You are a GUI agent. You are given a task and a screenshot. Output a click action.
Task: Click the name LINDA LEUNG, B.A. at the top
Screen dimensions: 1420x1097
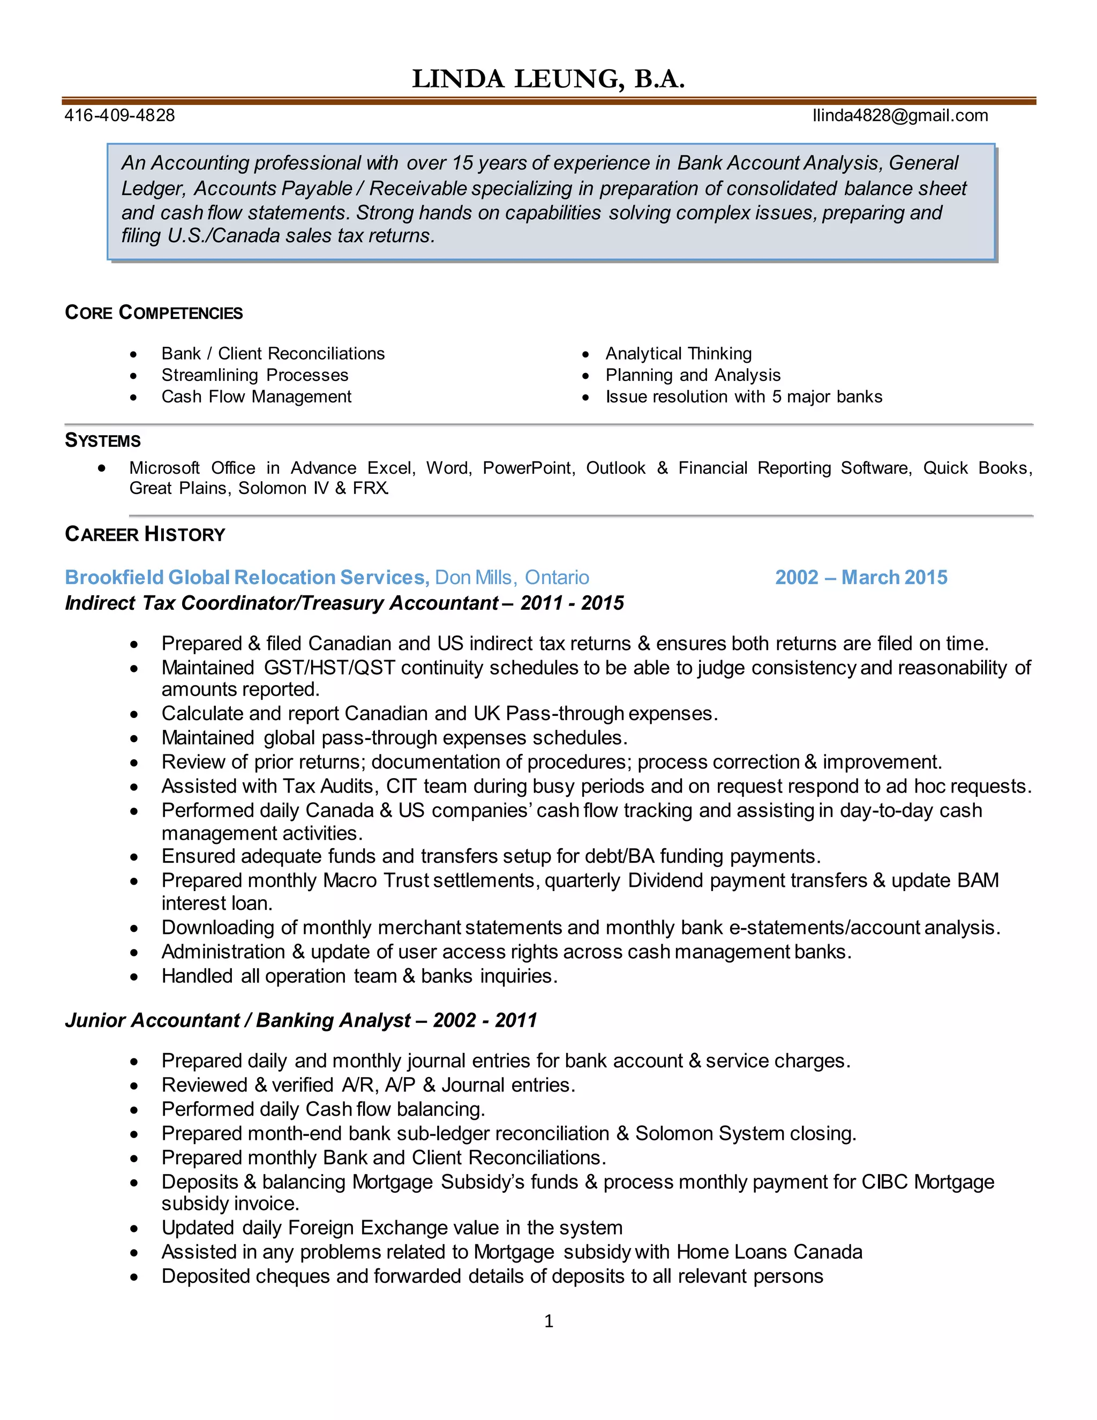[x=548, y=79]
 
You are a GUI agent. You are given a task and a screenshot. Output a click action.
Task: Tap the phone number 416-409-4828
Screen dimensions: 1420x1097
[x=119, y=116]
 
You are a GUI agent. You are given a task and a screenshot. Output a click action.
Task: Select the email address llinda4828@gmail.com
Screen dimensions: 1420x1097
[x=899, y=116]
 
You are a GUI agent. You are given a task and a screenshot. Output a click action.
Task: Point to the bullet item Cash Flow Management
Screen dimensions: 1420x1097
[x=256, y=397]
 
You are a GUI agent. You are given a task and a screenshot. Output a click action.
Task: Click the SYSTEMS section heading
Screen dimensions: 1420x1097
[x=103, y=441]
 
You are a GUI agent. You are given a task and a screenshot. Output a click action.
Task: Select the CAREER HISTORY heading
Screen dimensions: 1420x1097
[x=145, y=534]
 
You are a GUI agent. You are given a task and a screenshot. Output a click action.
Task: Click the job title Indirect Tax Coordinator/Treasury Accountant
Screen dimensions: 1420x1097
[x=281, y=603]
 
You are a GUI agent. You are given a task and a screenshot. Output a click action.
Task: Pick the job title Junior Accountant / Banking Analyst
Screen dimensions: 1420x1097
[x=238, y=1020]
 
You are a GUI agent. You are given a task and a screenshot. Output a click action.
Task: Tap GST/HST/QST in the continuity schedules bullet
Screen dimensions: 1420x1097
[x=329, y=668]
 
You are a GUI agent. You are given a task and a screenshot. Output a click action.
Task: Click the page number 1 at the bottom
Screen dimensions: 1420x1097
[x=548, y=1321]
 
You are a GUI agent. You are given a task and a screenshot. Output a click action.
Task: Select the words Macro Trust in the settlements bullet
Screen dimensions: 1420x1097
[x=376, y=880]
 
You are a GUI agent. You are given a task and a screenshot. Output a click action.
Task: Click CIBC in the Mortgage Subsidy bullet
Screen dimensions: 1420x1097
[x=884, y=1182]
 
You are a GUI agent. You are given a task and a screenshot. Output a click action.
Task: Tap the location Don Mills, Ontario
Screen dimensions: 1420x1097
[x=512, y=577]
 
